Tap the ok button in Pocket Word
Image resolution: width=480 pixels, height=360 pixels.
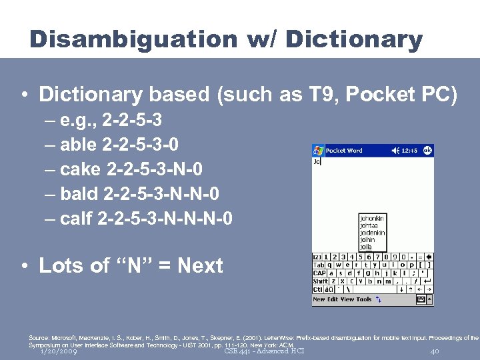coord(427,151)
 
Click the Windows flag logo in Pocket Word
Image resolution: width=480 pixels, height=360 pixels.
coord(318,151)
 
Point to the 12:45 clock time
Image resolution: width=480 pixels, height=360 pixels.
coord(408,151)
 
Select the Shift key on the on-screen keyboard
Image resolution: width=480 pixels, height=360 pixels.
coord(319,281)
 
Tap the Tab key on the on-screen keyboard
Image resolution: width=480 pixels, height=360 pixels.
coord(319,265)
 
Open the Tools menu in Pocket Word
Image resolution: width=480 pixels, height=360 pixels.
coord(364,299)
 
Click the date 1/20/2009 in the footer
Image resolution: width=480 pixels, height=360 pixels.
coord(58,351)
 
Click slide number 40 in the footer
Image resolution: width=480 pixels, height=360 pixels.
coord(435,351)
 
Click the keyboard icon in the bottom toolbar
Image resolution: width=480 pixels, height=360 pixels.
coord(421,300)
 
